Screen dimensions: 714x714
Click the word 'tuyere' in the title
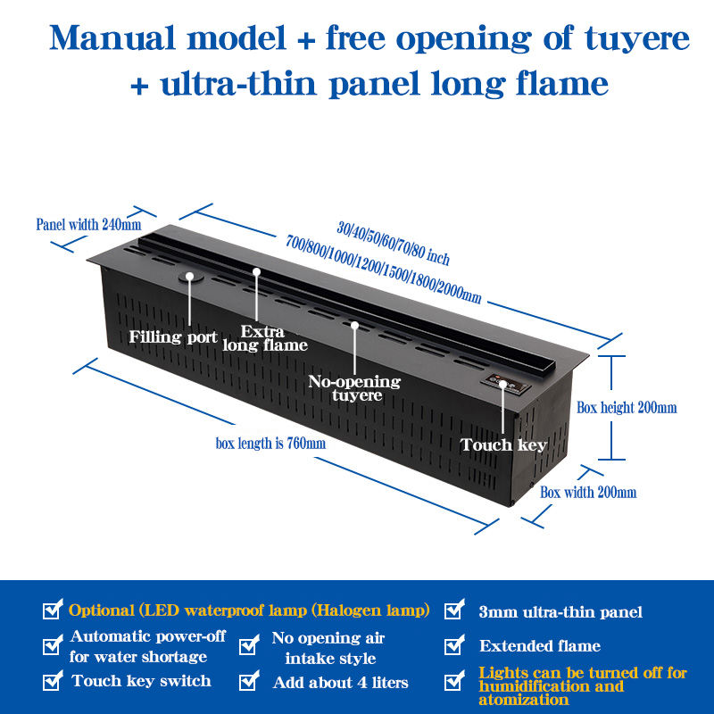636,39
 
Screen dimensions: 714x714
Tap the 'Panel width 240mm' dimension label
88,224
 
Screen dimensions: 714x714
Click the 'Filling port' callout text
173,337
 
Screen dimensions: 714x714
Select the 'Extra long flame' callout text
264,338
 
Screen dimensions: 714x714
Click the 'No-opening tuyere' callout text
354,388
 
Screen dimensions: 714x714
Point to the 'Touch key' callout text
503,444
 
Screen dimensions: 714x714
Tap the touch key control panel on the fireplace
504,386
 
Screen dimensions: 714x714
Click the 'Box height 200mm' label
627,408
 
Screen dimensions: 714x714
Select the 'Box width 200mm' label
588,492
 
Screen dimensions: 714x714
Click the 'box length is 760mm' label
270,443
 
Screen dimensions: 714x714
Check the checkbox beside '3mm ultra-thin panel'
454,610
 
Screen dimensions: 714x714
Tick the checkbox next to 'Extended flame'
454,644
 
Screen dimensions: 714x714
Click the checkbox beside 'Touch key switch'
53,682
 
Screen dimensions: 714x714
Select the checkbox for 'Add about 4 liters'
249,682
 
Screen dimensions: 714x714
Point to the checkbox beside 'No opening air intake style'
249,647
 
